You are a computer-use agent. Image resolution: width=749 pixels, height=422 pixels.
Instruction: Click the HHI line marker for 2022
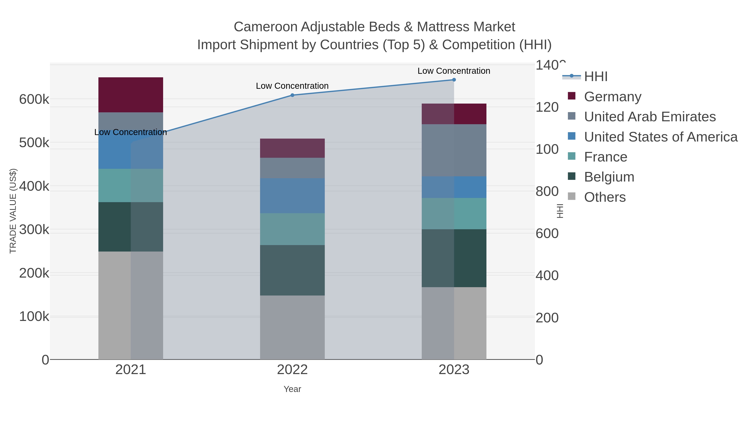click(x=292, y=95)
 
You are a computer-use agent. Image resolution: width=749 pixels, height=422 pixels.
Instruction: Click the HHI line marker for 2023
click(x=454, y=80)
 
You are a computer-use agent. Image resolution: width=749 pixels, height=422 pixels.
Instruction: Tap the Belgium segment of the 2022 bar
click(x=292, y=270)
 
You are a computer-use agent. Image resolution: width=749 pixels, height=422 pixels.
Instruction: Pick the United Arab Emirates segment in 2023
click(x=454, y=150)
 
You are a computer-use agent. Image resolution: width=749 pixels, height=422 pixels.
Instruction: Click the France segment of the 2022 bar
click(x=292, y=229)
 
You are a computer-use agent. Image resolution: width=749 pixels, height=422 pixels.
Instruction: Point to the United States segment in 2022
click(x=292, y=196)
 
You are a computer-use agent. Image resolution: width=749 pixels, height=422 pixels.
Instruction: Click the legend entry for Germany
click(x=612, y=97)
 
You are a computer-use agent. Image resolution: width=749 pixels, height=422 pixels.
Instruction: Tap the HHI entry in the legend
click(x=595, y=77)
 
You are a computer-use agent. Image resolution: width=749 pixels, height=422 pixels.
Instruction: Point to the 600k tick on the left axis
click(x=34, y=99)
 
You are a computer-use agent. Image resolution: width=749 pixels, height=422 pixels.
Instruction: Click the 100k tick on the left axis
click(x=34, y=316)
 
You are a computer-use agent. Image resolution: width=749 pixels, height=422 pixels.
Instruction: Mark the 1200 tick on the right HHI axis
click(x=547, y=107)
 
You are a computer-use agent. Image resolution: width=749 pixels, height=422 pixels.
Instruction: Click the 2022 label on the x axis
click(x=292, y=370)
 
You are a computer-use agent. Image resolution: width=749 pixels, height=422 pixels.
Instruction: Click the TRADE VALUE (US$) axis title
click(x=13, y=211)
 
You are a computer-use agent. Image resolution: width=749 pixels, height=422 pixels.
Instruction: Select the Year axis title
click(x=292, y=389)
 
